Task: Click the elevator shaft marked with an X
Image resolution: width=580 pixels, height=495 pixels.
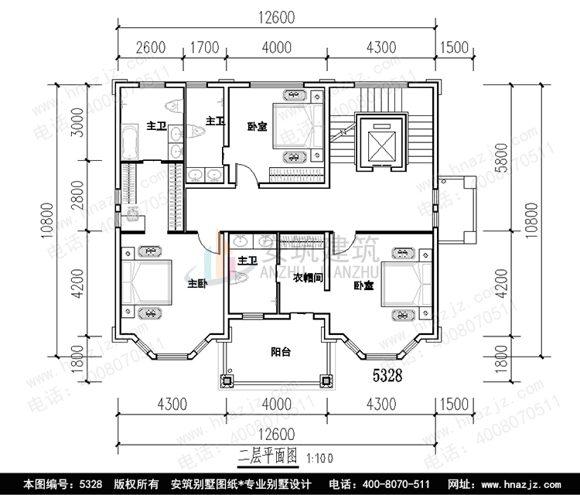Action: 380,141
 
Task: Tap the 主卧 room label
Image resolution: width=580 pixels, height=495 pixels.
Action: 196,284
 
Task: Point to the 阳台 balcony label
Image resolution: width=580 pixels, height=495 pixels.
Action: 281,352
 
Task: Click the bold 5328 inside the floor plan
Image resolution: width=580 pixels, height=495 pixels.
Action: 387,377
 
